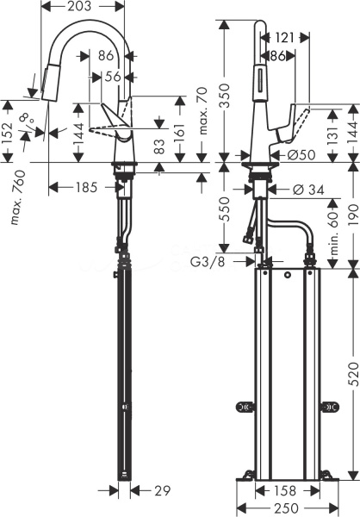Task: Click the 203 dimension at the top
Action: (79, 6)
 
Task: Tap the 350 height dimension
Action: (225, 96)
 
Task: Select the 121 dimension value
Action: (284, 38)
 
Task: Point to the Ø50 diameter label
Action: (301, 154)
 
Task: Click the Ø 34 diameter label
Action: (308, 190)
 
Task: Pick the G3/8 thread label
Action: (208, 262)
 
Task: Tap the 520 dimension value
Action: (353, 374)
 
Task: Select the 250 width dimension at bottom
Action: (286, 508)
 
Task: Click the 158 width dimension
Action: (285, 491)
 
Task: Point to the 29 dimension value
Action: (163, 491)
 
